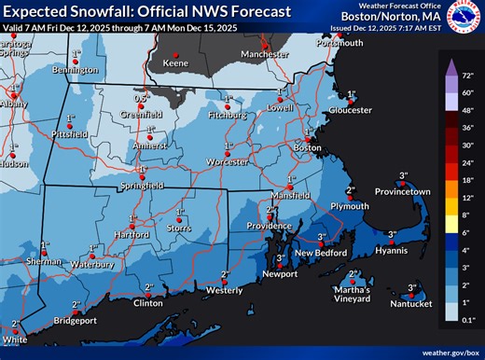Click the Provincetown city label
403,191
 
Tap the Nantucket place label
411,304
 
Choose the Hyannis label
393,251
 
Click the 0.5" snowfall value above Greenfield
142,97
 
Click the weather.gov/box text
448,353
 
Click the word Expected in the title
43,10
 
